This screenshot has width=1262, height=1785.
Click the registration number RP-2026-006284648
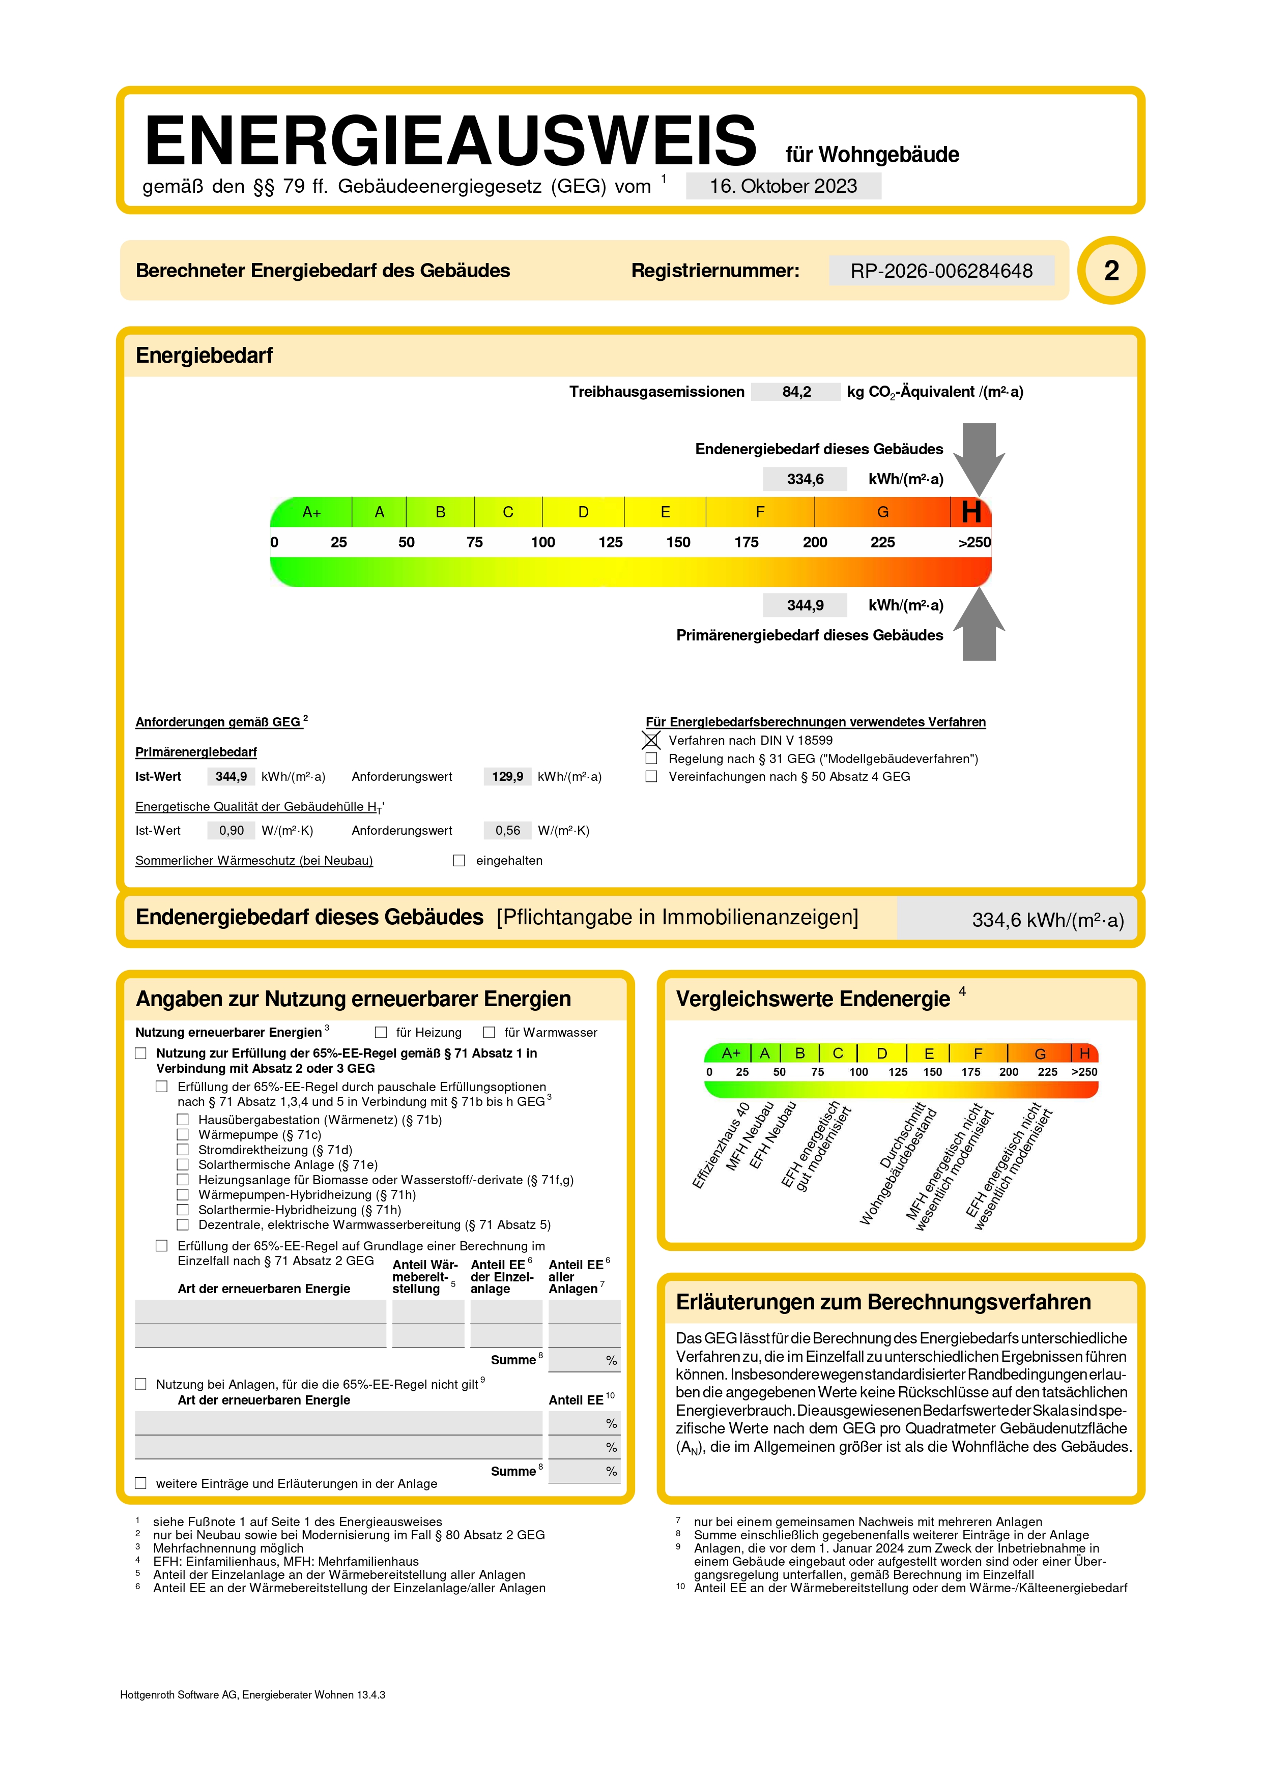tap(941, 271)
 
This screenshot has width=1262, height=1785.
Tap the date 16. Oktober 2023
tap(783, 187)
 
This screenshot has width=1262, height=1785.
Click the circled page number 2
tap(1111, 271)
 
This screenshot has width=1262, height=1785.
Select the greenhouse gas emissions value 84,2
tap(796, 392)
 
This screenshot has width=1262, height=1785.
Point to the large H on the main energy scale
tap(971, 512)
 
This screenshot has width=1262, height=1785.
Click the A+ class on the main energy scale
tap(312, 512)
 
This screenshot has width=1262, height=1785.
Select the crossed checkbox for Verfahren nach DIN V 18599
tap(651, 740)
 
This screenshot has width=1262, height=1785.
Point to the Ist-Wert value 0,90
tap(231, 830)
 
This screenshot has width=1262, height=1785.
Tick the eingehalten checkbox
tap(460, 861)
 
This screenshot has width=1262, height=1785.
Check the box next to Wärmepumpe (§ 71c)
tap(183, 1135)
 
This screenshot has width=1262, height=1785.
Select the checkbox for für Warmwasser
tap(489, 1033)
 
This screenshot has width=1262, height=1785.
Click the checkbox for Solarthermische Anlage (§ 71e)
tap(183, 1164)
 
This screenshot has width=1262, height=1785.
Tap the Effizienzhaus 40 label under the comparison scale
tap(721, 1145)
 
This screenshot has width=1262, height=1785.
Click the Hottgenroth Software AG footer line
tap(253, 1695)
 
